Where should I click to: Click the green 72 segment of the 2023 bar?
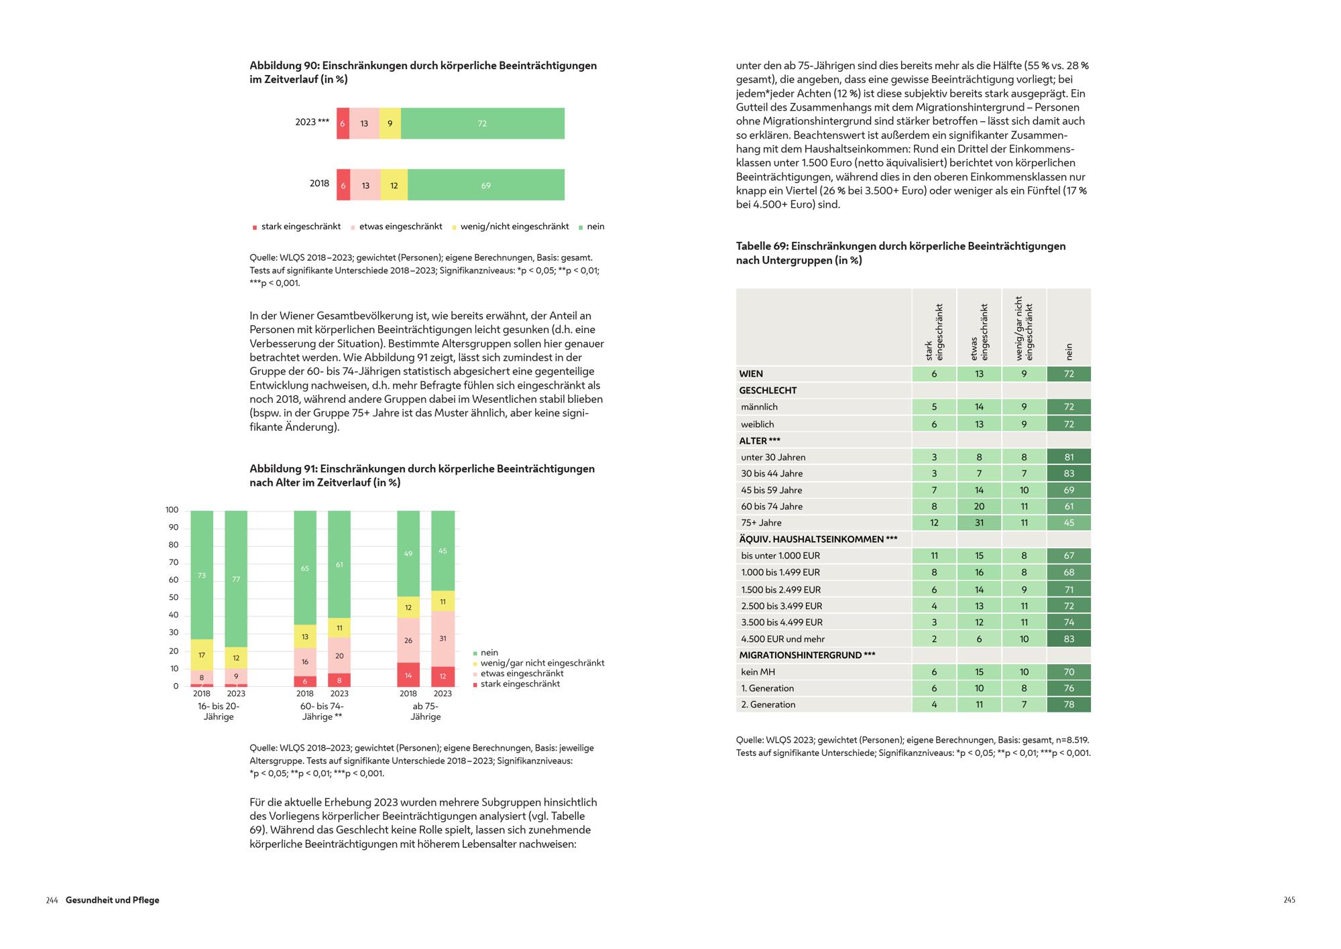click(x=482, y=123)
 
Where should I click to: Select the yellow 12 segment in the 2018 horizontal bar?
click(x=394, y=185)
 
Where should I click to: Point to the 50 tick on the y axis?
click(x=173, y=598)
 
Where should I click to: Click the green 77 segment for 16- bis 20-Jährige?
click(x=236, y=579)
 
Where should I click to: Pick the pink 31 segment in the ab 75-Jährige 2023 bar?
click(x=443, y=639)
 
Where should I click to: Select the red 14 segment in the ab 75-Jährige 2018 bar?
click(x=408, y=675)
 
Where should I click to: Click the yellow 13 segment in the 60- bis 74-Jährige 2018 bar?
click(x=305, y=637)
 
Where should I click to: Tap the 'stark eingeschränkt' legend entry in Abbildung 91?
click(x=520, y=684)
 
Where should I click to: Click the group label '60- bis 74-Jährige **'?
click(x=322, y=711)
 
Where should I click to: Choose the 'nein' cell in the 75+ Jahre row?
click(x=1069, y=523)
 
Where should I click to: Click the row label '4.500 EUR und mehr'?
click(x=782, y=639)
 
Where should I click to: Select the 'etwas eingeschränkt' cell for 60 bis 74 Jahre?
click(x=979, y=507)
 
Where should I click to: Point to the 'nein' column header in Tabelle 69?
click(x=1069, y=351)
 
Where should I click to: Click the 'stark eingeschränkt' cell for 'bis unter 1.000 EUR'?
click(x=934, y=556)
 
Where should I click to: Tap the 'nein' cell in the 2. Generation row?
click(x=1069, y=704)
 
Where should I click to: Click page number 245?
click(x=1289, y=900)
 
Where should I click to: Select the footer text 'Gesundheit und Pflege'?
click(x=113, y=900)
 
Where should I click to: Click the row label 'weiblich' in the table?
click(x=758, y=424)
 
